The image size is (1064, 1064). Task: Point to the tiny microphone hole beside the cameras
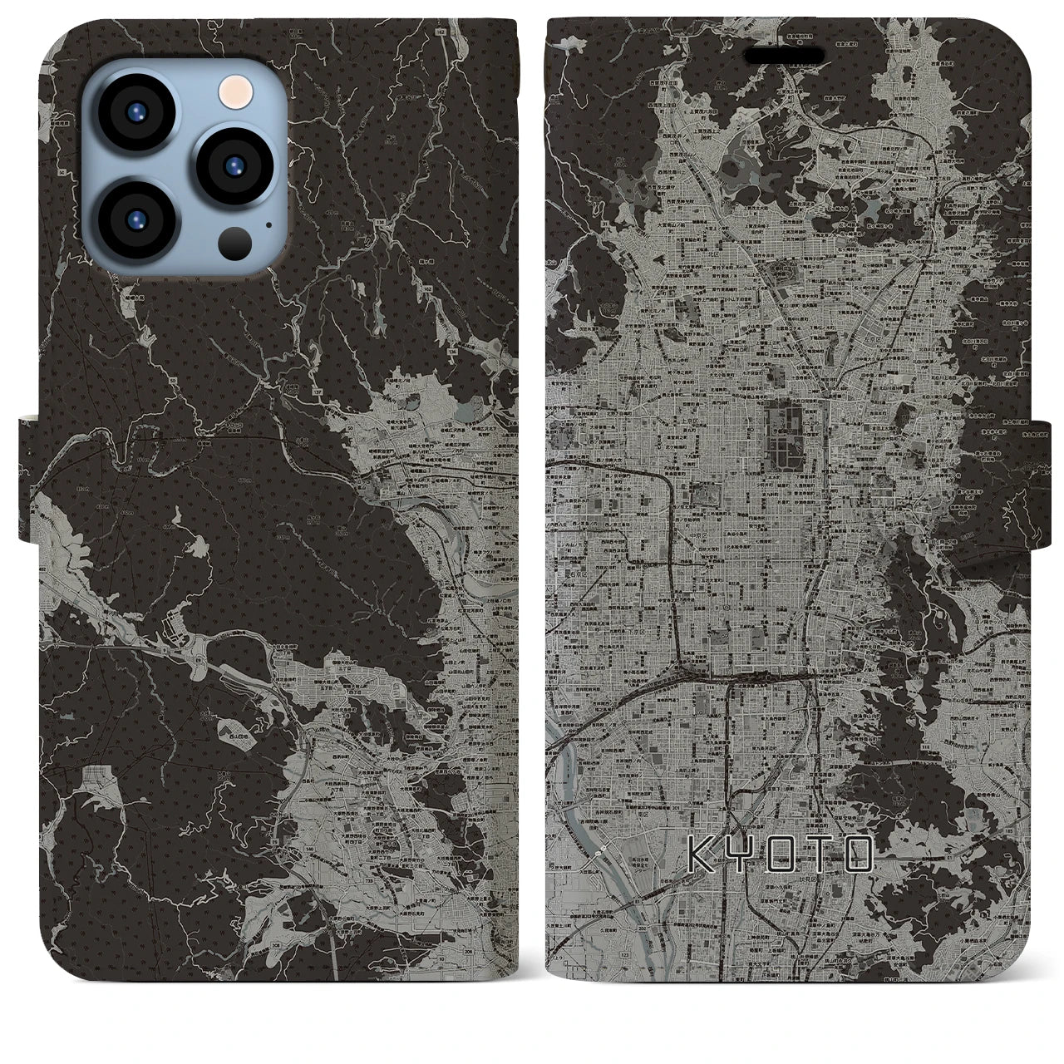tap(268, 223)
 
